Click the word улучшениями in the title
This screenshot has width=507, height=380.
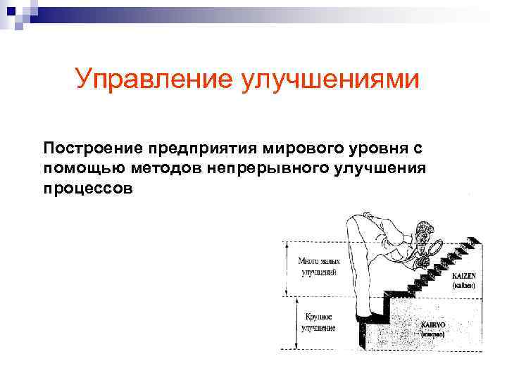331,79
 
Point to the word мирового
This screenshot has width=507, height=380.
298,148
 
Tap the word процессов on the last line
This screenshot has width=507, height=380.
87,189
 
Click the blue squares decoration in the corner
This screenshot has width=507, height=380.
14,13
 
